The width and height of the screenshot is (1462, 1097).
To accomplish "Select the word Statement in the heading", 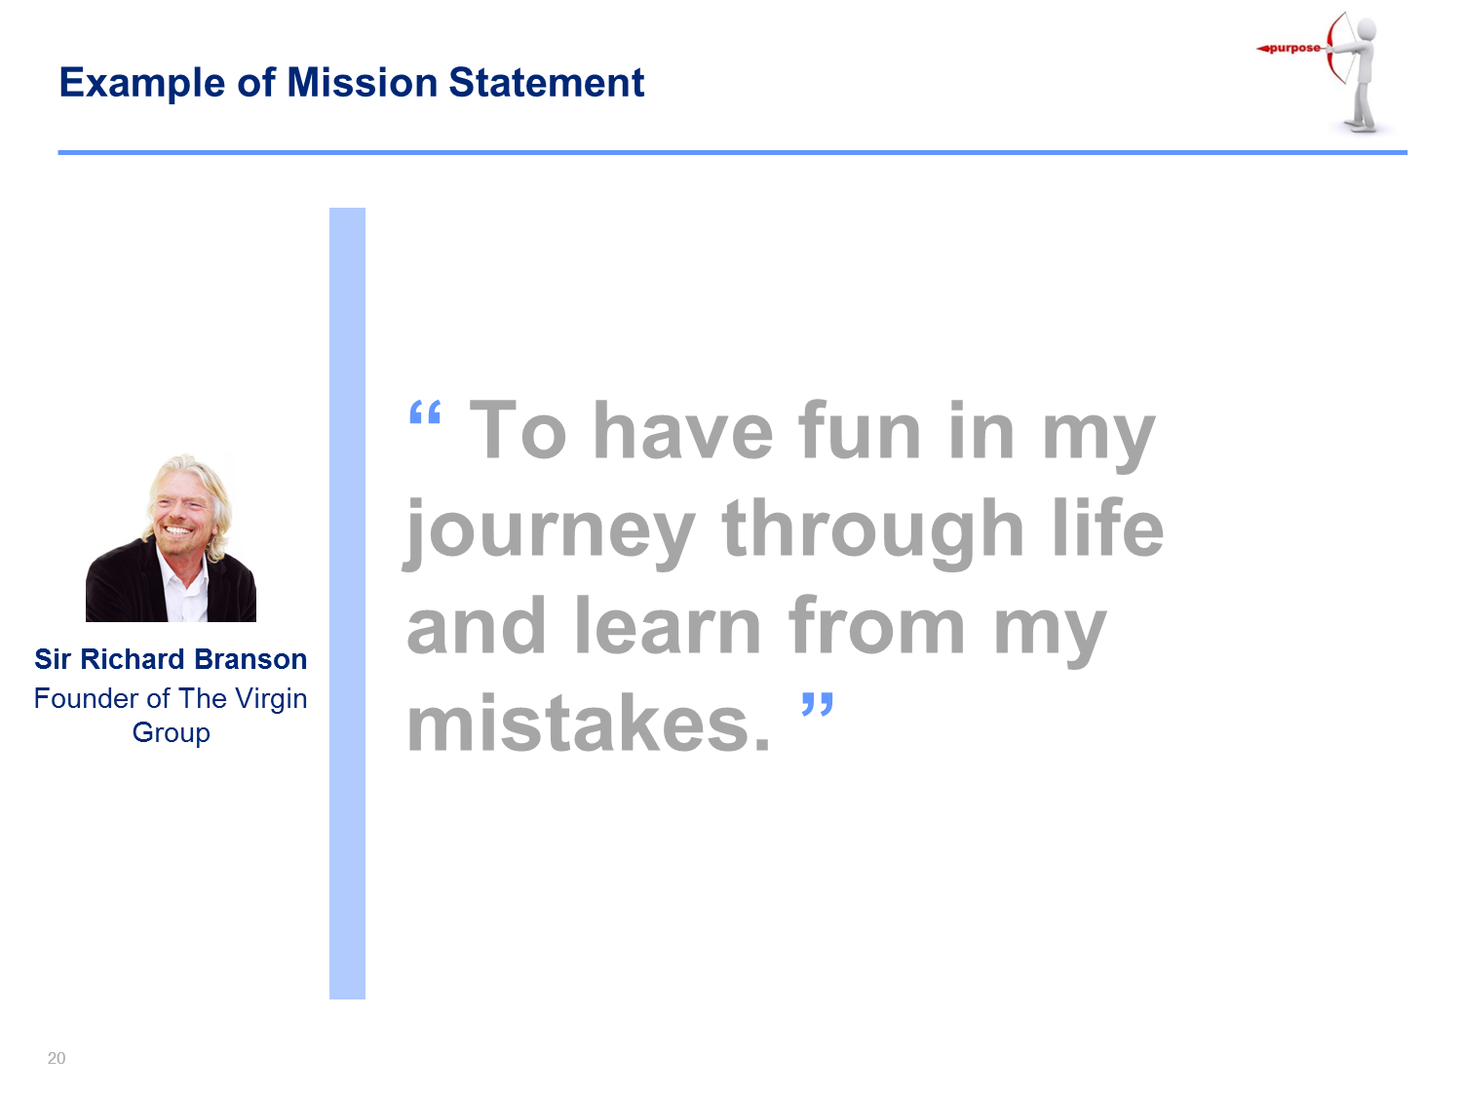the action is tap(546, 83).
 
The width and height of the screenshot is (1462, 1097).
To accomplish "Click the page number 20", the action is tap(57, 1058).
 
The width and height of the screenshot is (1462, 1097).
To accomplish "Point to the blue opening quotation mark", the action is tap(425, 412).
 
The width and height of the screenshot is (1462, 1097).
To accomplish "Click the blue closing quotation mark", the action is tap(817, 704).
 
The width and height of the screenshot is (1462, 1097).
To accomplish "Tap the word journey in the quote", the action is tap(549, 532).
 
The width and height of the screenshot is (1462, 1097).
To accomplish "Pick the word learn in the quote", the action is tap(668, 625).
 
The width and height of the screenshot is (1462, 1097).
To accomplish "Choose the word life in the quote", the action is tap(1107, 527).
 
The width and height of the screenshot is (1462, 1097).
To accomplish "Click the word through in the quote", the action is tap(872, 532).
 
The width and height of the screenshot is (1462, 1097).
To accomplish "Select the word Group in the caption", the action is tap(172, 733).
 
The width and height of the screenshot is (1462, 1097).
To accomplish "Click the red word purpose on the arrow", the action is tap(1293, 48).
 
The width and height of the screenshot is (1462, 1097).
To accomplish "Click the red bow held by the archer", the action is tap(1330, 48).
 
